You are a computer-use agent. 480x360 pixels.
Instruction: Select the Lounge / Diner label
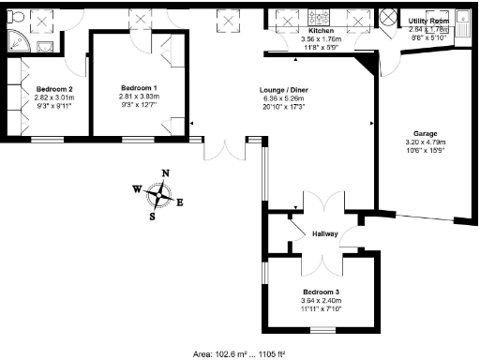283,91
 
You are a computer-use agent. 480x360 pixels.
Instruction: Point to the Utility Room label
428,20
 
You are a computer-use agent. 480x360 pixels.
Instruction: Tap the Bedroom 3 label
322,291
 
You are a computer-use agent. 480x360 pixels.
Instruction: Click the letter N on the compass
166,172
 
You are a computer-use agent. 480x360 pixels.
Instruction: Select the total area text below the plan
238,353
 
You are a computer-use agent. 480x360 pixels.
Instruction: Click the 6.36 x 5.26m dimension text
283,101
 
